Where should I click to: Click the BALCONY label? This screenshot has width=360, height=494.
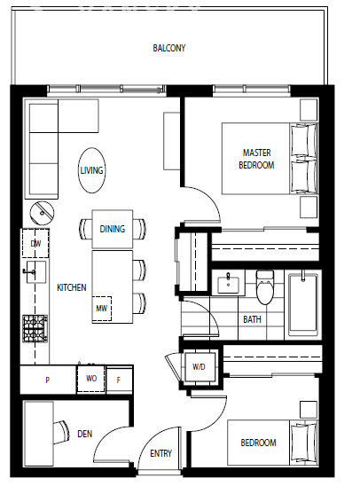pyautogui.click(x=169, y=48)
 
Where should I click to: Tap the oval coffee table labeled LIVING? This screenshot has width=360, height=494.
pyautogui.click(x=91, y=170)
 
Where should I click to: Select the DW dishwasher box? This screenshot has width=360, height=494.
pyautogui.click(x=35, y=243)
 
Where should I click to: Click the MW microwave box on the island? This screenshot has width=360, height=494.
pyautogui.click(x=102, y=309)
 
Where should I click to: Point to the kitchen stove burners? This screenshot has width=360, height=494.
pyautogui.click(x=35, y=329)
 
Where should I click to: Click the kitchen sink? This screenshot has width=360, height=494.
pyautogui.click(x=35, y=272)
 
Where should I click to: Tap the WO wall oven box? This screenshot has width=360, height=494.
pyautogui.click(x=91, y=379)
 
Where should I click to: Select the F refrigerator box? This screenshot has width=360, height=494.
pyautogui.click(x=119, y=380)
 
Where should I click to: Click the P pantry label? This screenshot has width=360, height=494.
pyautogui.click(x=47, y=380)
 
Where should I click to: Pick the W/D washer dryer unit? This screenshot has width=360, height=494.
pyautogui.click(x=199, y=367)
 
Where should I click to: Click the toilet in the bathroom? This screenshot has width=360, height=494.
pyautogui.click(x=265, y=286)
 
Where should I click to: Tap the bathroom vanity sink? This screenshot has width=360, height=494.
pyautogui.click(x=229, y=284)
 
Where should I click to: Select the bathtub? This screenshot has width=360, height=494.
pyautogui.click(x=303, y=303)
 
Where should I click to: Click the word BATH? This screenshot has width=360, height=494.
pyautogui.click(x=253, y=319)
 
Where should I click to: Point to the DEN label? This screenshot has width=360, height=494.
pyautogui.click(x=85, y=434)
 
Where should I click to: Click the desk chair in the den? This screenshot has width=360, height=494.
pyautogui.click(x=61, y=432)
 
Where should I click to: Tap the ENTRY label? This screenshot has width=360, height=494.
pyautogui.click(x=161, y=453)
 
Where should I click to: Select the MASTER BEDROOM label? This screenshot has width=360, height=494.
pyautogui.click(x=256, y=159)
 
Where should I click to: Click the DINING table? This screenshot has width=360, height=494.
pyautogui.click(x=112, y=229)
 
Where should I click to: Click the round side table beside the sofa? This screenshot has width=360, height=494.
pyautogui.click(x=42, y=213)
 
